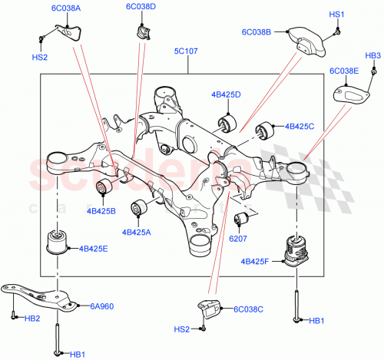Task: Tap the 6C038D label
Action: (x=141, y=7)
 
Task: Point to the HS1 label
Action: (x=337, y=15)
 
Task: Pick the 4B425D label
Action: (x=226, y=95)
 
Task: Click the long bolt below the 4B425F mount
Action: (x=296, y=302)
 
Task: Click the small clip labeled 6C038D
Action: (x=143, y=30)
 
